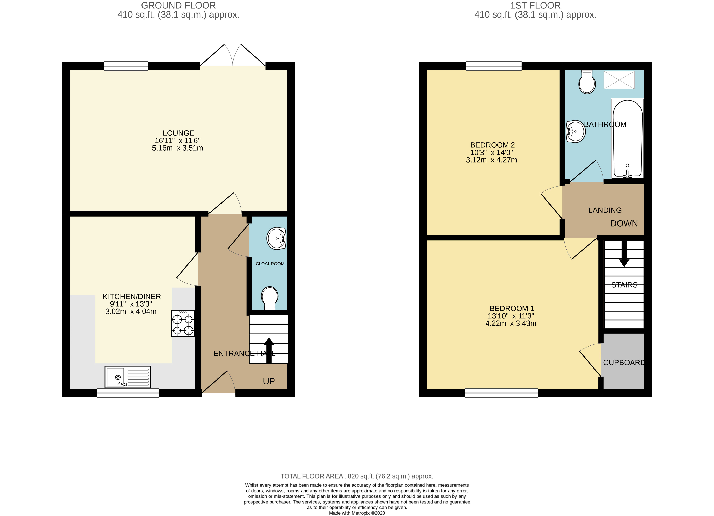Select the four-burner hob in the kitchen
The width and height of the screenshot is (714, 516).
183,323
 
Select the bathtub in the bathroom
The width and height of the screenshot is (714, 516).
627,139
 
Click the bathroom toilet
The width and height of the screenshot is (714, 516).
587,82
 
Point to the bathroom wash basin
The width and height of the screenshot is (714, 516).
576,131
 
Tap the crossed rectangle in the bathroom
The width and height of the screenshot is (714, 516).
619,80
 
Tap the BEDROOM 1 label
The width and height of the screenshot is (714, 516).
512,308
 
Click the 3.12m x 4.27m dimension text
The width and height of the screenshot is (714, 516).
491,160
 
